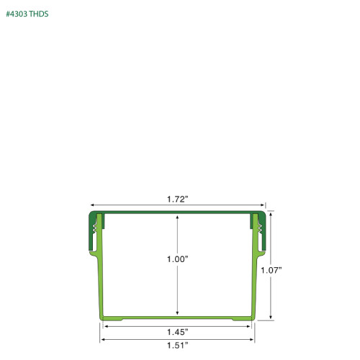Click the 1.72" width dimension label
coord(178,198)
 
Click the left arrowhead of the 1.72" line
coord(92,205)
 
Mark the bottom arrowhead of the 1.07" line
coord(271,318)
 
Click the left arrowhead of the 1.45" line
coord(106,326)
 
